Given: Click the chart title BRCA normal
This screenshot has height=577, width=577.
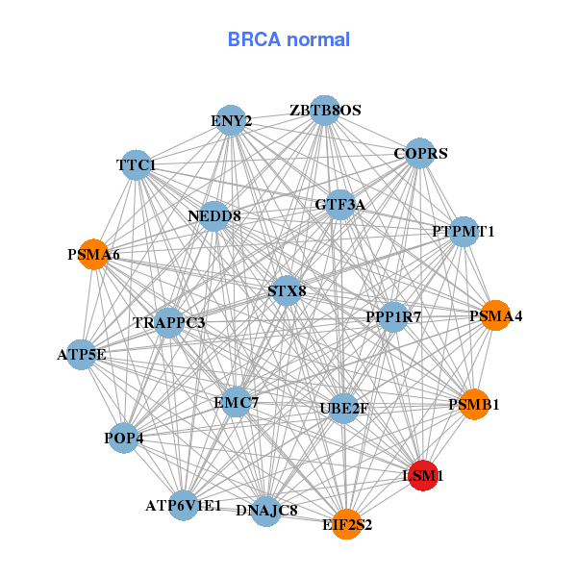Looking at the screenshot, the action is click(288, 39).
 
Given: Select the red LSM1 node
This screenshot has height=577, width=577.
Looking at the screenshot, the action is click(425, 475).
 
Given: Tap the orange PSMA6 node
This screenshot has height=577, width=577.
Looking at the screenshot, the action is click(93, 255).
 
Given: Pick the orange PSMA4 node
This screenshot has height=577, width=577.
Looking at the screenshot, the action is click(495, 315).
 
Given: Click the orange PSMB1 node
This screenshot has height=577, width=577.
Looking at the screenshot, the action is click(474, 405).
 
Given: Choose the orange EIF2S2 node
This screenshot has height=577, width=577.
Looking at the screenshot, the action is click(347, 524).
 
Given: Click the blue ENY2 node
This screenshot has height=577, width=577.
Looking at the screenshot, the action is click(231, 121).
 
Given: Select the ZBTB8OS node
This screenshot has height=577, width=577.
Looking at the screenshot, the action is click(325, 111).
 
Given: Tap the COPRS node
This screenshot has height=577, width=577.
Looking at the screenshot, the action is click(420, 153).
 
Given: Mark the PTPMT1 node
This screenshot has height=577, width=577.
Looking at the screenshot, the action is click(464, 232).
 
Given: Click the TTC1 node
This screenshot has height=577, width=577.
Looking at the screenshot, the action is click(137, 165).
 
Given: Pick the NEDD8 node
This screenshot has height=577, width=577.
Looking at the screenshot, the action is click(214, 215).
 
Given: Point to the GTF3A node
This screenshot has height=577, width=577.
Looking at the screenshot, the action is click(340, 205).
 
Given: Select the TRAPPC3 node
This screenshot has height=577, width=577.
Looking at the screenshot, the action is click(169, 322).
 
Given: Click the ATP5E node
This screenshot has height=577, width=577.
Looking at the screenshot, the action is click(82, 355).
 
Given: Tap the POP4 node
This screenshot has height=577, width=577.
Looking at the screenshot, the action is click(124, 439).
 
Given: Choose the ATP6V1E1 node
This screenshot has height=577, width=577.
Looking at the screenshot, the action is click(184, 505).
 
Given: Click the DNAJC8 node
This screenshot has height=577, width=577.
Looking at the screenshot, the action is click(266, 510).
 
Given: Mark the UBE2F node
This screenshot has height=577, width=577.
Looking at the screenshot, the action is click(343, 409).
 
